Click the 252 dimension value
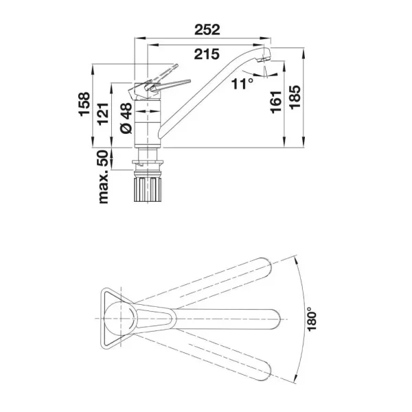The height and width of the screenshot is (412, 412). click(x=207, y=30)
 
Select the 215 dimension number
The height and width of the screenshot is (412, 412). click(x=207, y=54)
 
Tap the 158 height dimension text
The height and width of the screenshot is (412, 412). click(x=84, y=104)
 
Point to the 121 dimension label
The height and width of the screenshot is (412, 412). click(x=103, y=114)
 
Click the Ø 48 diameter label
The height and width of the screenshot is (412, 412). click(x=126, y=118)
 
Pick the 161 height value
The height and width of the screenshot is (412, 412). click(x=276, y=102)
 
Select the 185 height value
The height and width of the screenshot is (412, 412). click(x=295, y=97)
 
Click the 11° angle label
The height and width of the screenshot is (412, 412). click(x=242, y=84)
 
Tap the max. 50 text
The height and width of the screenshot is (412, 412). click(x=103, y=176)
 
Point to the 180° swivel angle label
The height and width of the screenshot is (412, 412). click(x=312, y=319)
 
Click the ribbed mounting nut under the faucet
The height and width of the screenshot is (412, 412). click(x=148, y=190)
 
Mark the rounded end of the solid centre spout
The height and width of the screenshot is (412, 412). click(x=275, y=319)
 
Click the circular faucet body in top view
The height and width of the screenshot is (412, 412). click(x=121, y=319)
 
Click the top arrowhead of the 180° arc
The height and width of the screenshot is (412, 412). click(x=295, y=260)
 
